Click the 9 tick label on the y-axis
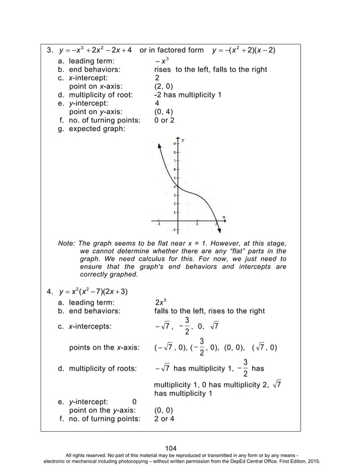coord(175,145)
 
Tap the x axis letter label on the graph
coord(224,216)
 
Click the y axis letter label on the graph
coord(183,139)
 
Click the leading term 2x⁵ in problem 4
coord(160,302)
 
